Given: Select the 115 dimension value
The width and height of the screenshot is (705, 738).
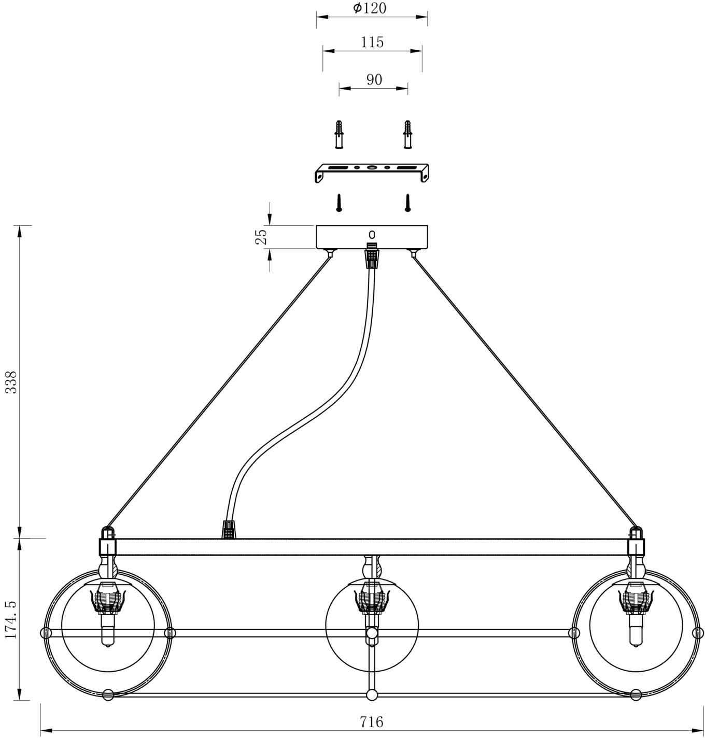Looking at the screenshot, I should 373,42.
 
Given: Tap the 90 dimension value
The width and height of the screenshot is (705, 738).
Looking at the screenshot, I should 374,80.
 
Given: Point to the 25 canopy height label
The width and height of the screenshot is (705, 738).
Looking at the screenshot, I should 262,236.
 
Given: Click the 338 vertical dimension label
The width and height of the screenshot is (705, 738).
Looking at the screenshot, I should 11,382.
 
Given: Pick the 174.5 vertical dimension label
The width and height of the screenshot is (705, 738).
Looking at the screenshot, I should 11,619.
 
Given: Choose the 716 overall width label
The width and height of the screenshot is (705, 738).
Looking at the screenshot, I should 371,721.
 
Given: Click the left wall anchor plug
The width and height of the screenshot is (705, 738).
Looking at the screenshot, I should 339,134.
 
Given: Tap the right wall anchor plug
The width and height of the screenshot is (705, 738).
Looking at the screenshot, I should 407,134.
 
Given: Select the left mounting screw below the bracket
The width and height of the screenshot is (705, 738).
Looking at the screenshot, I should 339,202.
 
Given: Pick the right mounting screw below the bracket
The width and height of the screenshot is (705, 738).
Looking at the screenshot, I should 407,202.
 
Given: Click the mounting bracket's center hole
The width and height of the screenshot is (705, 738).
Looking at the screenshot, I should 372,168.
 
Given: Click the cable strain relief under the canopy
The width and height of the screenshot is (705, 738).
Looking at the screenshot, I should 371,255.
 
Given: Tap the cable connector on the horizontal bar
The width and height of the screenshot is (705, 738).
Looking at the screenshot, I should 229,530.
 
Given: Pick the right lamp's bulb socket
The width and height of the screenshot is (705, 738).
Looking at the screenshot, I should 636,601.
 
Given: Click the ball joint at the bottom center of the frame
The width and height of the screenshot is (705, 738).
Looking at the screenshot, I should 371,695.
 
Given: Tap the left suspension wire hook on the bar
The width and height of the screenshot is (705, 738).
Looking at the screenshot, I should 107,533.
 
